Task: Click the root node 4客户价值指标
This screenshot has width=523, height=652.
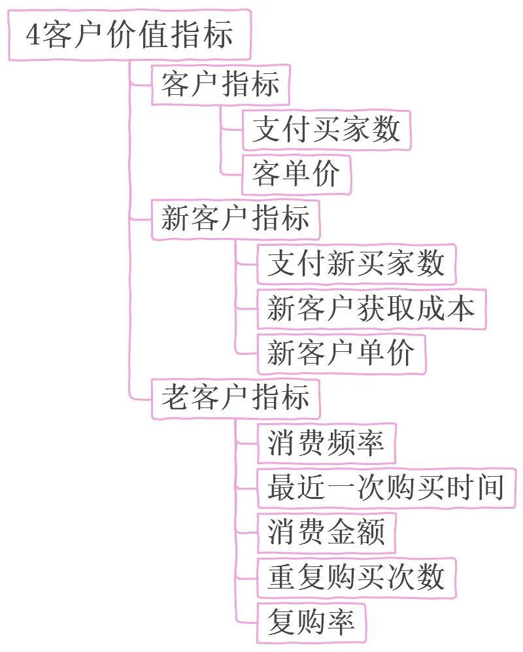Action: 129,35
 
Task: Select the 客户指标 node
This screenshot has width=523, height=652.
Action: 220,85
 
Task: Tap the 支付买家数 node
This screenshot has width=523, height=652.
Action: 326,129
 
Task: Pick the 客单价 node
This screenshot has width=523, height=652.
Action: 296,175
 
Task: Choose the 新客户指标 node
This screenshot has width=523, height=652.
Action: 235,219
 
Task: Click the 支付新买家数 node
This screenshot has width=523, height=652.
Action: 356,264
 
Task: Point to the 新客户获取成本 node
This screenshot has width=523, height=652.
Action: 371,309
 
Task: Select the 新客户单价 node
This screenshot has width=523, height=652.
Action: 341,354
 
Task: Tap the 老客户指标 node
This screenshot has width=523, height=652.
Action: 235,398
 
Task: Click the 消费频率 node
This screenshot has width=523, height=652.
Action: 326,443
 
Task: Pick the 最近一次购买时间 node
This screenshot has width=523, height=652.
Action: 386,488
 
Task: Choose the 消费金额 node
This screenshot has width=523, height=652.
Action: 326,533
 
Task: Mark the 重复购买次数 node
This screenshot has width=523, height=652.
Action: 356,577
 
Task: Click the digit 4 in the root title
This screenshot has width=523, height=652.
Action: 33,35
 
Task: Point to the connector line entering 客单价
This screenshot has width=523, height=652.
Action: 231,175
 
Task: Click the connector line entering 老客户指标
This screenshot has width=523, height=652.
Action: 141,398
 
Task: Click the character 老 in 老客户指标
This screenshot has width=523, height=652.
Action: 175,398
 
